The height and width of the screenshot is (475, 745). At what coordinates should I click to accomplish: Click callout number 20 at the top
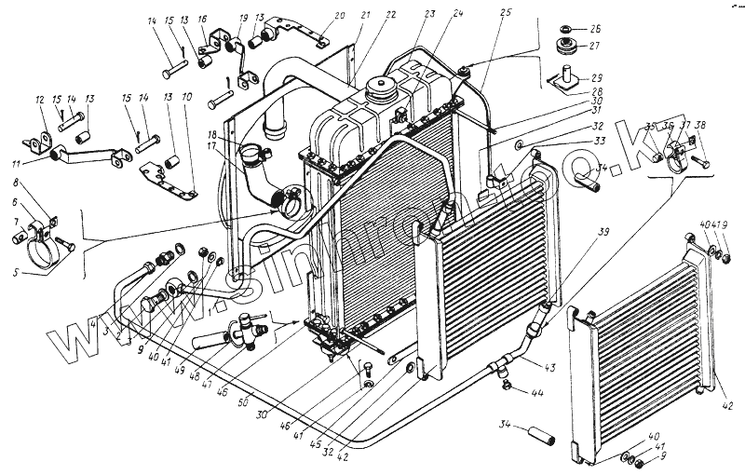pyautogui.click(x=313, y=15)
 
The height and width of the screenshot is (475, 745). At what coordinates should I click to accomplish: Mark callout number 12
pyautogui.click(x=40, y=101)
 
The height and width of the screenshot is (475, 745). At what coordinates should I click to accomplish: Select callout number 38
pyautogui.click(x=700, y=126)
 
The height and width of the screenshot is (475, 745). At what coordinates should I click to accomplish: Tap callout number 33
pyautogui.click(x=598, y=142)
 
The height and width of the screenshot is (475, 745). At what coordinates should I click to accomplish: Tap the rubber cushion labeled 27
pyautogui.click(x=563, y=47)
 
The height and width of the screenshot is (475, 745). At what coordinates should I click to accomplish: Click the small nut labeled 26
pyautogui.click(x=563, y=27)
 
